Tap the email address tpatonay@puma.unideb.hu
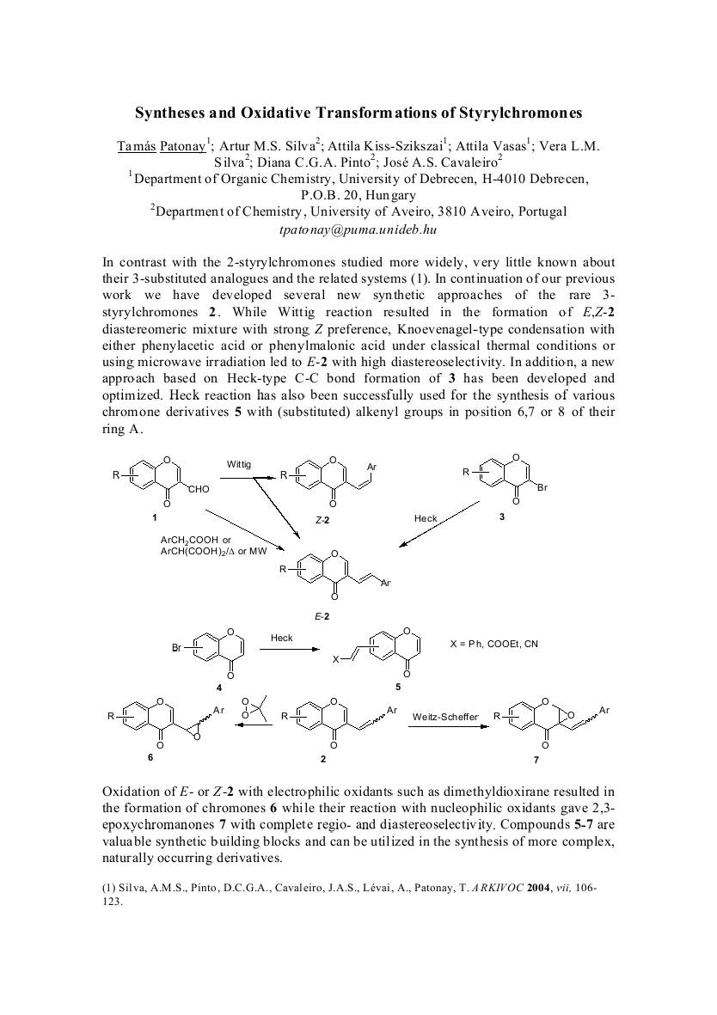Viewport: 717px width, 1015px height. click(358, 229)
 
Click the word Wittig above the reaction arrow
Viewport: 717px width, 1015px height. click(239, 465)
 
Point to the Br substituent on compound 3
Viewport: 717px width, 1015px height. click(542, 488)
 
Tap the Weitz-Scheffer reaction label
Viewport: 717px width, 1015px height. click(444, 716)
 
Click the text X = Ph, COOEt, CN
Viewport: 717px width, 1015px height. click(494, 644)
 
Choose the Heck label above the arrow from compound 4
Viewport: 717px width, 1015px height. click(282, 639)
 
